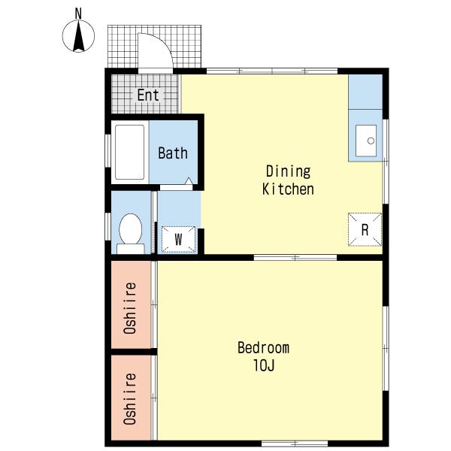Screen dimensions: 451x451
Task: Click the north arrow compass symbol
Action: point(78,36)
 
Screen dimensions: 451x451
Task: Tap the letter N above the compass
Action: point(78,14)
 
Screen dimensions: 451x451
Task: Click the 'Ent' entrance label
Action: point(148,95)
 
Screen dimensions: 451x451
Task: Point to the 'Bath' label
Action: point(173,153)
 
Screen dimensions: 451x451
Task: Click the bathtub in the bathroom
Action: point(130,152)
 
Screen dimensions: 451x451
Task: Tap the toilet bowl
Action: point(130,229)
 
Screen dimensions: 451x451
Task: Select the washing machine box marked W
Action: point(178,239)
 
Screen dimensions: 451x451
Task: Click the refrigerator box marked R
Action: point(365,229)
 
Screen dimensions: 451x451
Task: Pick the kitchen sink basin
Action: point(366,141)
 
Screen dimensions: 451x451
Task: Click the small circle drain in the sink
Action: point(371,141)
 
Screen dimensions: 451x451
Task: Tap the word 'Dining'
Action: point(288,171)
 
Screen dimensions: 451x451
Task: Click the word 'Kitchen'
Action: point(288,189)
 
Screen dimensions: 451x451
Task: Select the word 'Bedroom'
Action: point(263,348)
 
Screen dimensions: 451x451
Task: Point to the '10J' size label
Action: point(264,365)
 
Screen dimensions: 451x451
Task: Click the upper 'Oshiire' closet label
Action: point(130,307)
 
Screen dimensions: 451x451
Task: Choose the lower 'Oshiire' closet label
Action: point(130,398)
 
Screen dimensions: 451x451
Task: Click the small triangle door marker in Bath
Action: point(189,181)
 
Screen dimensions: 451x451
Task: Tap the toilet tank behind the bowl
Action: point(131,249)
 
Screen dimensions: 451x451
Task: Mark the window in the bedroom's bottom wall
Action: point(295,443)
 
